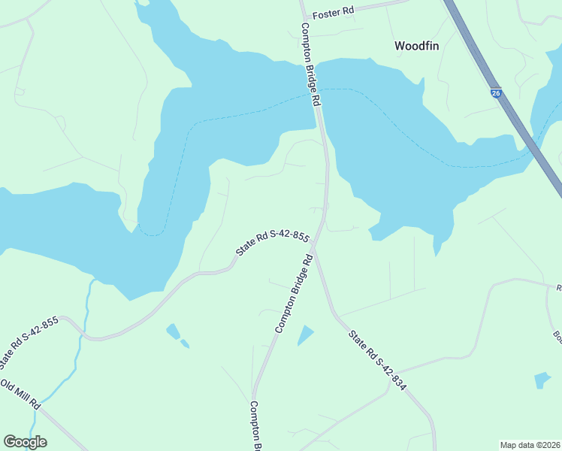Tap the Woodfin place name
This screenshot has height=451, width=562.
click(x=417, y=46)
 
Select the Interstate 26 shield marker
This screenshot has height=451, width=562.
click(x=497, y=93)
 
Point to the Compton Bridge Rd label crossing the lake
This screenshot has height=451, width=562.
click(x=312, y=63)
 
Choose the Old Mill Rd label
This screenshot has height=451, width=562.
click(x=20, y=395)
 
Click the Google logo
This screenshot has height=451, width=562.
click(x=25, y=442)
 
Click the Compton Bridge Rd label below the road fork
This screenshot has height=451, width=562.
click(x=294, y=294)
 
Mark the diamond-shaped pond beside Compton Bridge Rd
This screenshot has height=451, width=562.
click(x=305, y=335)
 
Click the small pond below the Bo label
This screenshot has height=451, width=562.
click(x=542, y=380)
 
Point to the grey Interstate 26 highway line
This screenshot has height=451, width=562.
click(x=518, y=129)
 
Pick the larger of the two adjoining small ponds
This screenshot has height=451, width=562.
click(x=173, y=331)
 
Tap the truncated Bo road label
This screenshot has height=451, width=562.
click(x=557, y=334)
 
